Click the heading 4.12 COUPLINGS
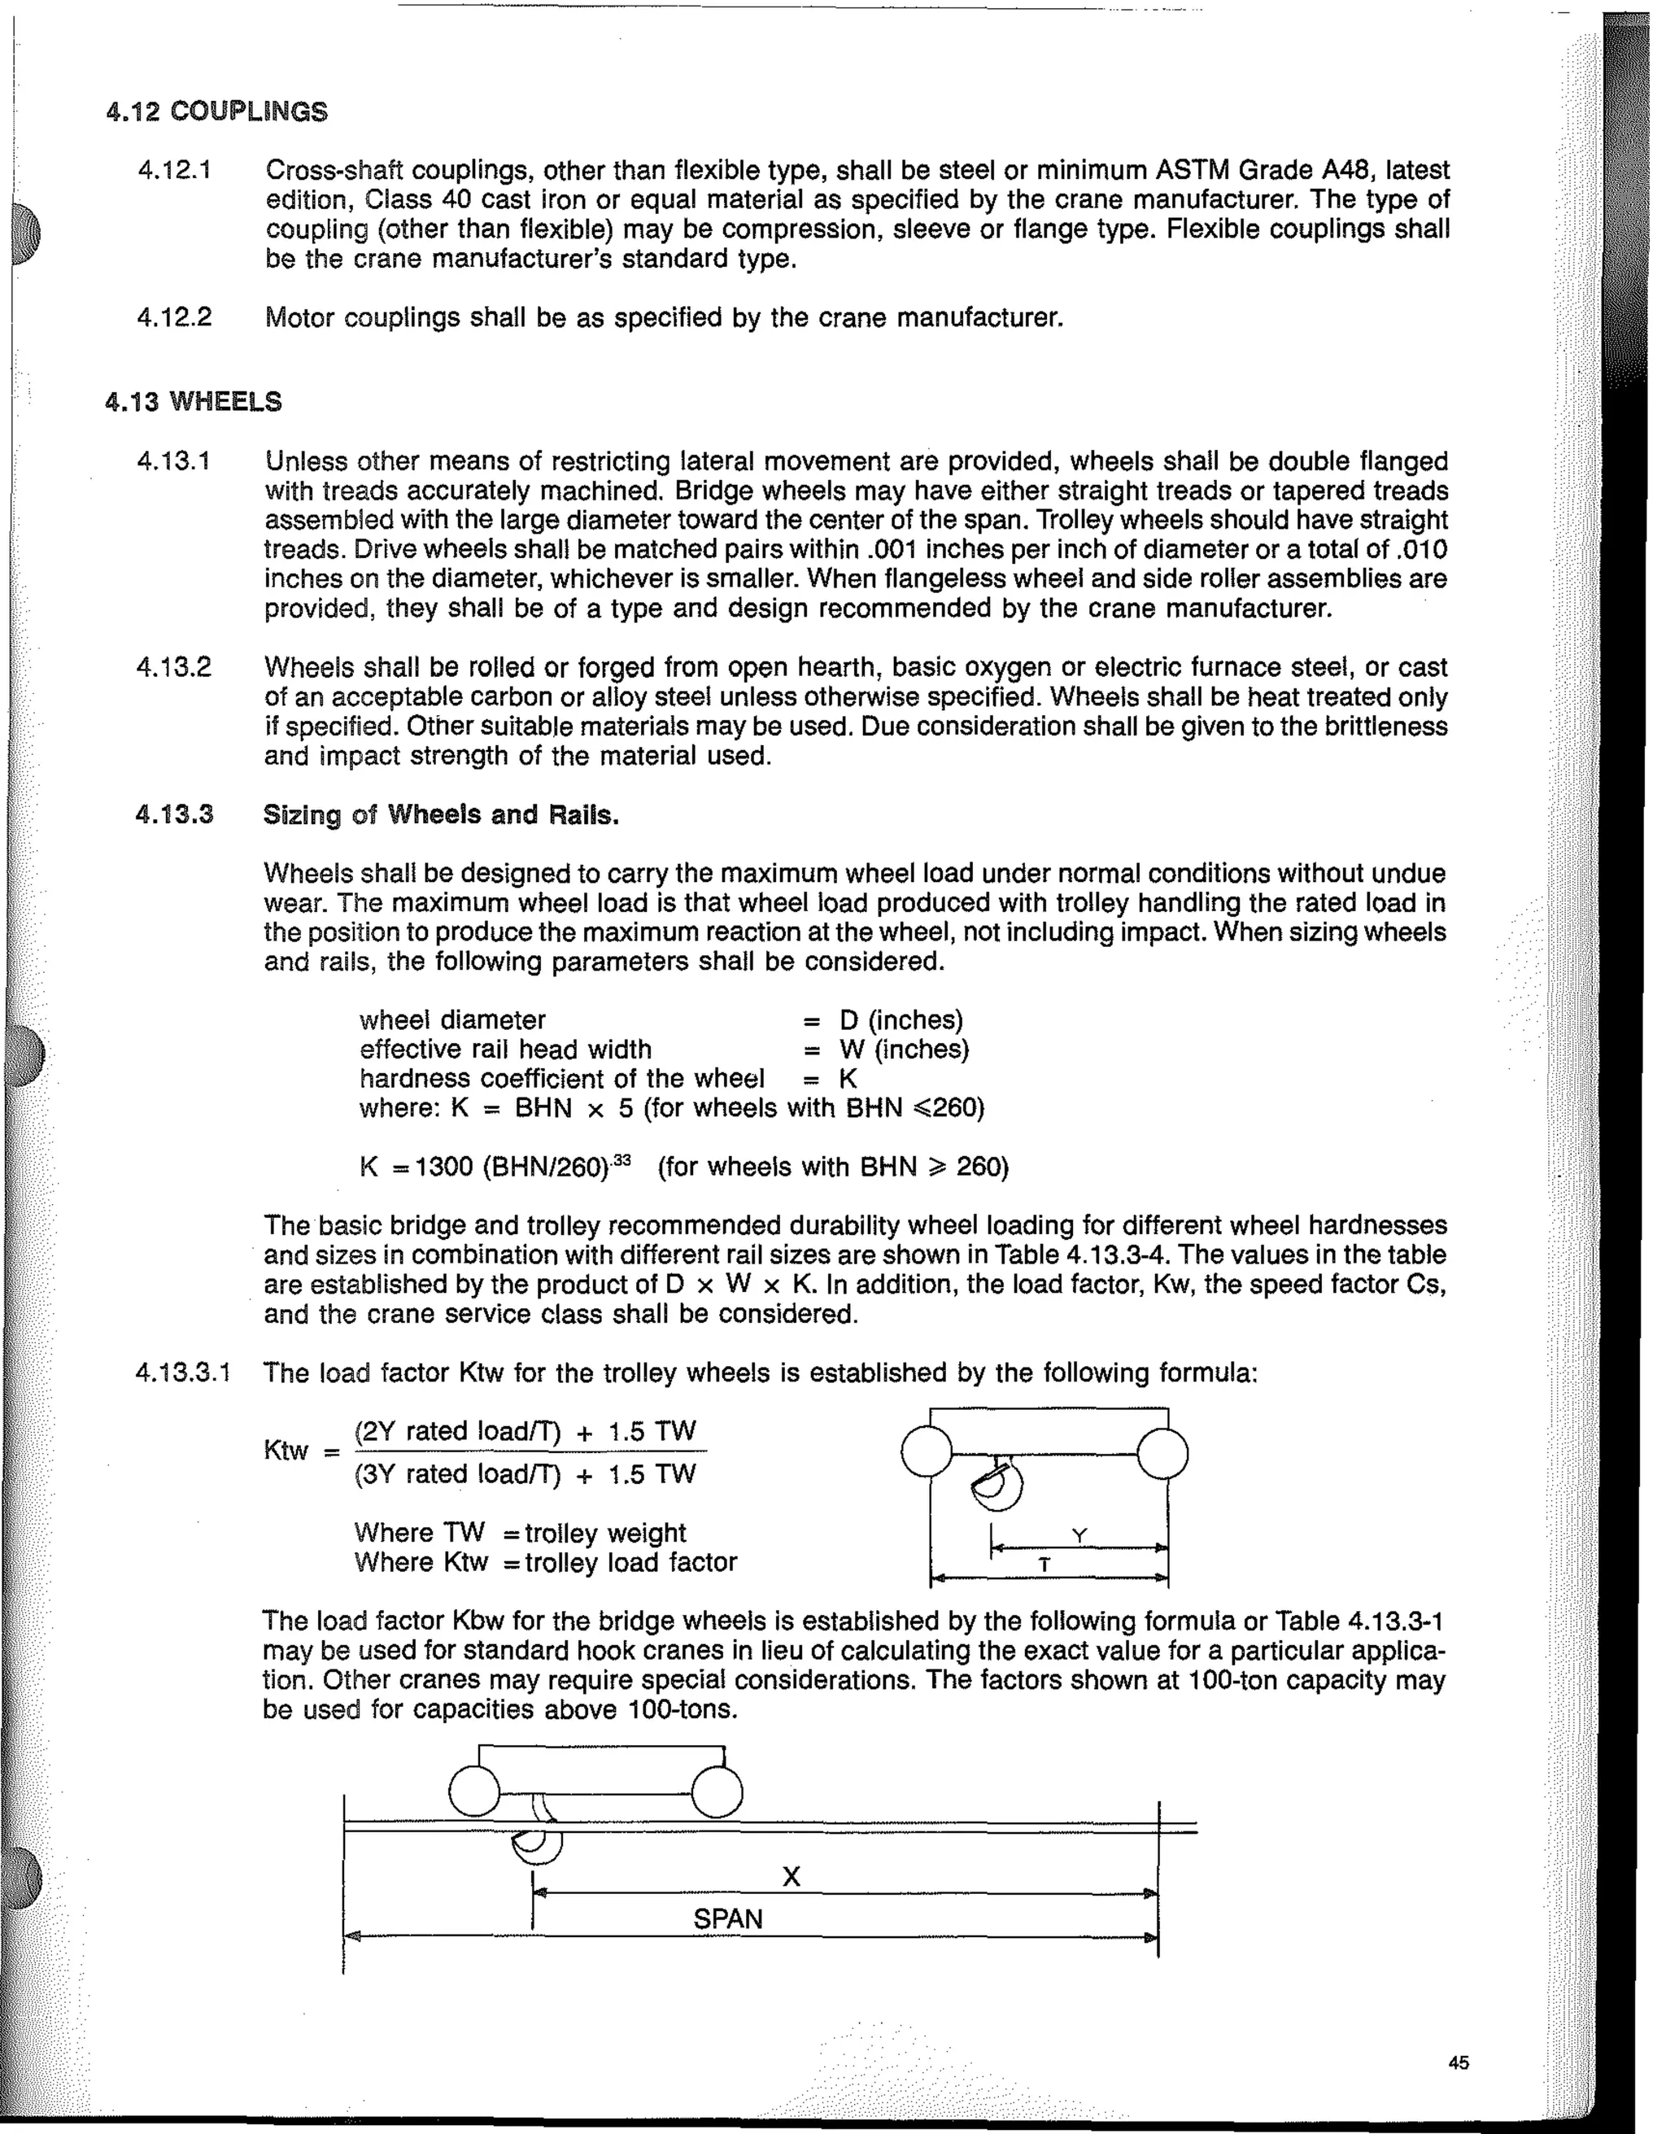tap(217, 111)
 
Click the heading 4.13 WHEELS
tap(194, 402)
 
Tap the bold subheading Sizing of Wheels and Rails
tap(441, 815)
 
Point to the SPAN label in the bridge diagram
tap(727, 1919)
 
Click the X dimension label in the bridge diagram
tap(791, 1876)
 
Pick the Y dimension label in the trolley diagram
tap(1079, 1536)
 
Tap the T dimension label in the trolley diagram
tap(1045, 1564)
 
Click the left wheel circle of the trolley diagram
tap(926, 1452)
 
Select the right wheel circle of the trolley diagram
tap(1162, 1454)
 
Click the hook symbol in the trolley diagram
tap(997, 1484)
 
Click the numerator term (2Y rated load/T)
tap(457, 1431)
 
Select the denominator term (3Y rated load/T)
tap(457, 1473)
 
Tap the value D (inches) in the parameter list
tap(901, 1020)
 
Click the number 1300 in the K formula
tap(445, 1167)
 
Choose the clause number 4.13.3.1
tap(184, 1372)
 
